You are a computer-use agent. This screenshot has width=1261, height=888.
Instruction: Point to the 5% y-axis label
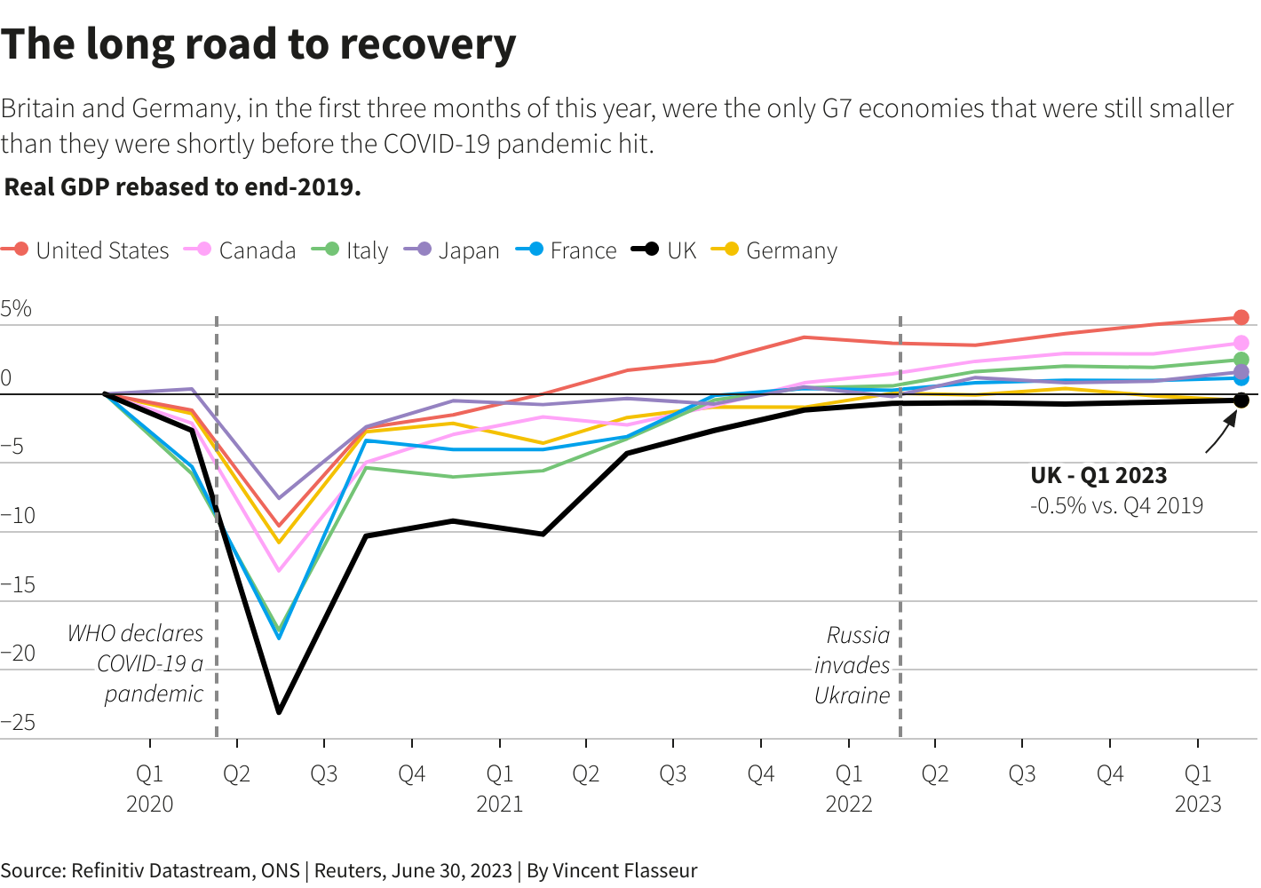pyautogui.click(x=16, y=309)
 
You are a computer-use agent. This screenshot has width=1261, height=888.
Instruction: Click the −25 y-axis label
pyautogui.click(x=18, y=723)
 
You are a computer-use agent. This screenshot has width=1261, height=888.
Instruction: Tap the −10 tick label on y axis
pyautogui.click(x=18, y=516)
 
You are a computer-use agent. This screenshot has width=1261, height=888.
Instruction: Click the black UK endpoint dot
pyautogui.click(x=1241, y=400)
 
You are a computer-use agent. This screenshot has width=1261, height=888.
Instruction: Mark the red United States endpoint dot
pyautogui.click(x=1241, y=317)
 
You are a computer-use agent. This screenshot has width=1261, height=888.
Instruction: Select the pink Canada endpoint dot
pyautogui.click(x=1241, y=343)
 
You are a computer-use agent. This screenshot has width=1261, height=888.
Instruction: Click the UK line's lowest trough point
pyautogui.click(x=279, y=712)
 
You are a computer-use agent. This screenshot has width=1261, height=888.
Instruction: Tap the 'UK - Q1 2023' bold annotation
pyautogui.click(x=1098, y=475)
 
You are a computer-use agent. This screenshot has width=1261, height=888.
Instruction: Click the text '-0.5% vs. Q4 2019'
pyautogui.click(x=1116, y=506)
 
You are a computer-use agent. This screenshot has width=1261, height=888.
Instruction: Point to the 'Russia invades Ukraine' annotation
pyautogui.click(x=852, y=665)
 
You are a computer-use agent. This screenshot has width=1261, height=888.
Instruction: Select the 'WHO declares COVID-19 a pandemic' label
pyautogui.click(x=137, y=663)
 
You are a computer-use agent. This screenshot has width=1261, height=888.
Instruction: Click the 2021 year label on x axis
pyautogui.click(x=499, y=805)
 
